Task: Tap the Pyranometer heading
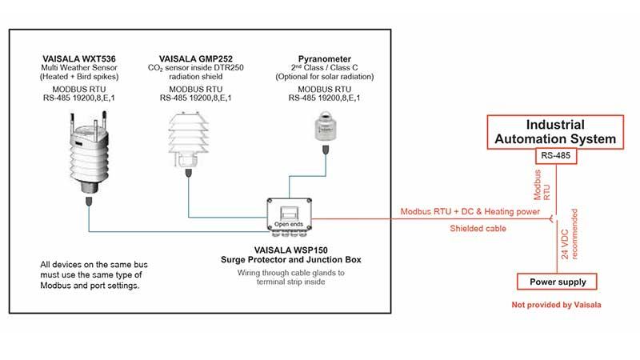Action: pyautogui.click(x=324, y=59)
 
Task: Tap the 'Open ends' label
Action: pyautogui.click(x=289, y=223)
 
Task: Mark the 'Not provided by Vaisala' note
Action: pyautogui.click(x=555, y=306)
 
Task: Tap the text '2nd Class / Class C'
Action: pyautogui.click(x=324, y=68)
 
